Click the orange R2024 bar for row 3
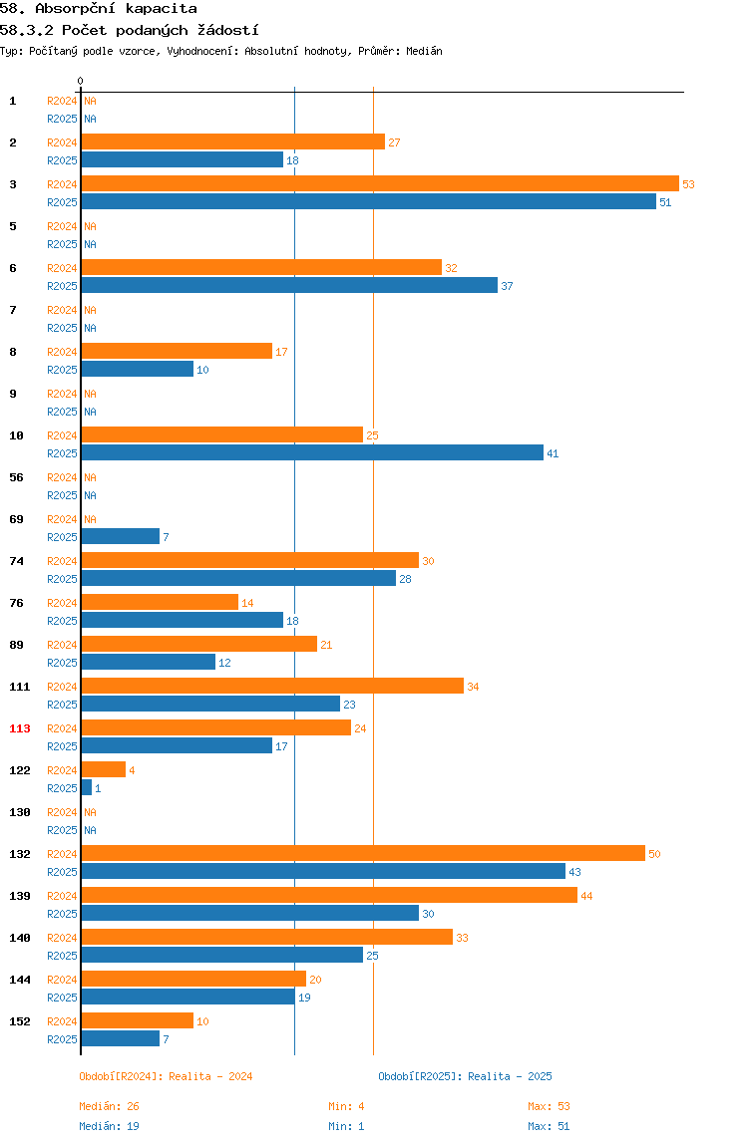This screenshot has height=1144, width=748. [380, 183]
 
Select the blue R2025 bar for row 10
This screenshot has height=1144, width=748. [312, 453]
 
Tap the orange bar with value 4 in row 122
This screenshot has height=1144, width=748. [104, 769]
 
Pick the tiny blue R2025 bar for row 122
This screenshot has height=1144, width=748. [87, 788]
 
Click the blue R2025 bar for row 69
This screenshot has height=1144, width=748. [121, 537]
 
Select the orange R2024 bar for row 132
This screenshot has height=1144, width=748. [363, 854]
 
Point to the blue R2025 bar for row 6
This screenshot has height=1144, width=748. [289, 286]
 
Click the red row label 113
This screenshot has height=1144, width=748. [20, 728]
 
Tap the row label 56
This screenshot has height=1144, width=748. [16, 477]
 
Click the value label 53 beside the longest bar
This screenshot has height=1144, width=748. [689, 184]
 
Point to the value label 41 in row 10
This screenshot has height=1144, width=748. [553, 453]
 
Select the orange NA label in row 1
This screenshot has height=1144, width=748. [90, 101]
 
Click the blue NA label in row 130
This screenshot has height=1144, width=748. [90, 830]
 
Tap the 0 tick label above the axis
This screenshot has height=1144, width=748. [81, 81]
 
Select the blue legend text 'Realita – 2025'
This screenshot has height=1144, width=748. [510, 1076]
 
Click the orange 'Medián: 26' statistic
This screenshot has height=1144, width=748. [109, 1106]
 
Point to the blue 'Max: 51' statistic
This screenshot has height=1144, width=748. [549, 1126]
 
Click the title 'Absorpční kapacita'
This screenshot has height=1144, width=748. [116, 9]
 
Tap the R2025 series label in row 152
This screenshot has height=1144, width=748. [62, 1039]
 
